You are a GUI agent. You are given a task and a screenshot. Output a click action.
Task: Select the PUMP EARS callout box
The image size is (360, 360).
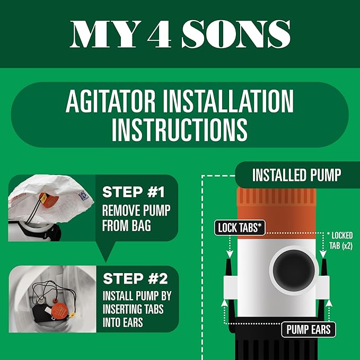pyautogui.click(x=308, y=329)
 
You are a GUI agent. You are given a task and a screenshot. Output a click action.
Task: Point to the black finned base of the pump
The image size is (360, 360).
pyautogui.click(x=276, y=345)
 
